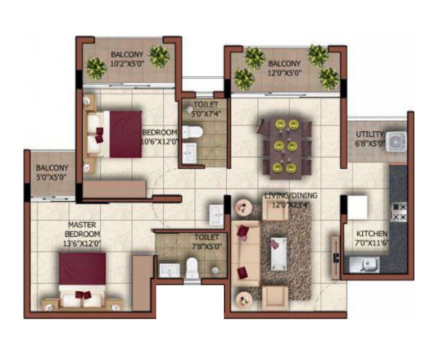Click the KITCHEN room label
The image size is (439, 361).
point(372,234)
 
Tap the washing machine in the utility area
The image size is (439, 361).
point(396,142)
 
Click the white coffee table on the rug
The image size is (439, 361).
point(279,253)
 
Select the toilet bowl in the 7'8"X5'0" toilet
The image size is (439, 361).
point(192,267)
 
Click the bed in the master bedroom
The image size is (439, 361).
point(82,277)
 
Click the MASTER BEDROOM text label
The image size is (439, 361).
point(82,230)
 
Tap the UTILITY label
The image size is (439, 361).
point(369,134)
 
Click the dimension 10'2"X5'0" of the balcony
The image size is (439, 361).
point(127,63)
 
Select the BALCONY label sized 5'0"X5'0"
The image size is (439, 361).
point(52,168)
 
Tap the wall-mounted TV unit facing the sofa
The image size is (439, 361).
point(335,255)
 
